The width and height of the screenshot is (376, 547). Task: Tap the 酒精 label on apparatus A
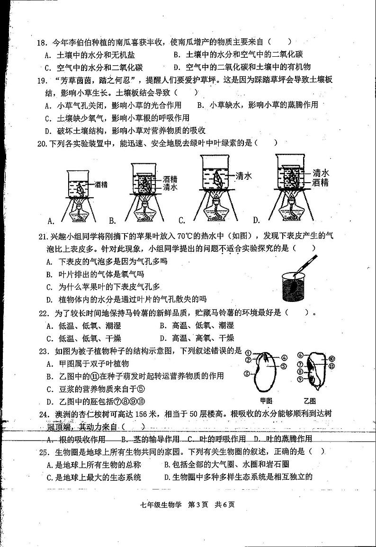pyautogui.click(x=100, y=184)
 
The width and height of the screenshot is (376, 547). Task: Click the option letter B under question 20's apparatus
pyautogui.click(x=112, y=220)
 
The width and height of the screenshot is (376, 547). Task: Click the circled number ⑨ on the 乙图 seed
pyautogui.click(x=300, y=379)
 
